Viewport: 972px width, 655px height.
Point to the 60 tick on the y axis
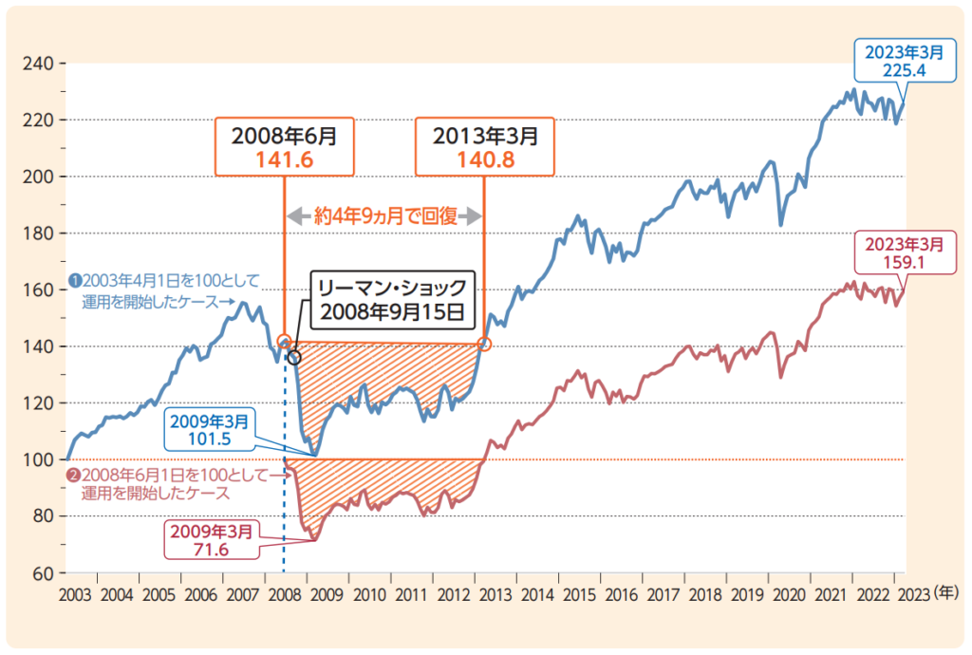coord(44,573)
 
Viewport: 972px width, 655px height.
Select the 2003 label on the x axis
coord(75,594)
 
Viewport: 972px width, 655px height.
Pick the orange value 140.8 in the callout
coord(486,159)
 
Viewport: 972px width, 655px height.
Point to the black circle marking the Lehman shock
coord(293,358)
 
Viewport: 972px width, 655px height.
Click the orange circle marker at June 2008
coord(284,342)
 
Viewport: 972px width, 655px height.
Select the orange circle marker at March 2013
coord(485,344)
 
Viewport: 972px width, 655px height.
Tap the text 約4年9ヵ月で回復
coord(385,215)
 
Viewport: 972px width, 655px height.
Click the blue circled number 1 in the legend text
coord(73,281)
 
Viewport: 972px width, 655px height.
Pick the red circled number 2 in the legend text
coord(73,476)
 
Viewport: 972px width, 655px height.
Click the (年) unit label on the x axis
coord(945,593)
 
